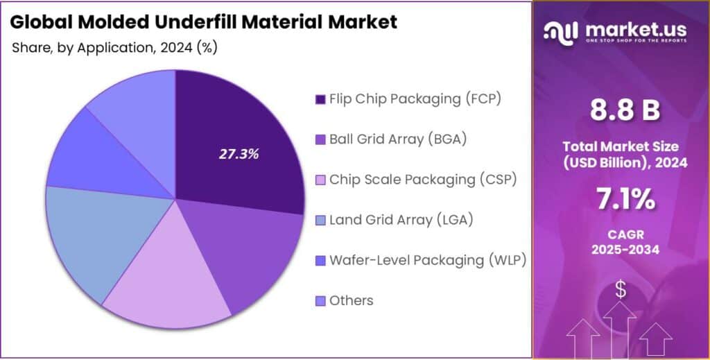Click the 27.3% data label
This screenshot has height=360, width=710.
(x=239, y=154)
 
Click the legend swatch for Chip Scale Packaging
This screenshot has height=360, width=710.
(x=320, y=180)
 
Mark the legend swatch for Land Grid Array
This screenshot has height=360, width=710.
(x=320, y=220)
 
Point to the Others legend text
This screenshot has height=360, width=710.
(x=352, y=300)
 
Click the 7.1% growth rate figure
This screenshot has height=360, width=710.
(x=621, y=200)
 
